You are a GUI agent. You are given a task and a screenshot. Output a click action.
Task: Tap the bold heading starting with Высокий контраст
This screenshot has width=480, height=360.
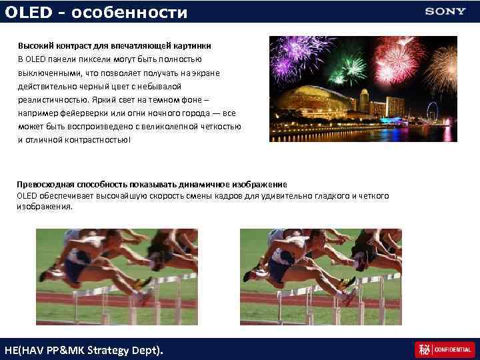click(x=114, y=45)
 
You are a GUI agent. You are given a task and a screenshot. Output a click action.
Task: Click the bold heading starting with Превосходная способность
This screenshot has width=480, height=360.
click(x=152, y=184)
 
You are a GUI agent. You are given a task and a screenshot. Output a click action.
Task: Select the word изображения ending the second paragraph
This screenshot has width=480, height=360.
click(x=43, y=207)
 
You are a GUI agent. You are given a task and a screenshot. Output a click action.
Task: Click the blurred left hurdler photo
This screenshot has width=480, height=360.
click(x=116, y=277)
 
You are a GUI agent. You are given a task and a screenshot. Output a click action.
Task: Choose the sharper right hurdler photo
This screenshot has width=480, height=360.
click(x=321, y=277)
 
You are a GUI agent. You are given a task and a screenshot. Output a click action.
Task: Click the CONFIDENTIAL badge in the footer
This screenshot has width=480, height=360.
click(x=453, y=349)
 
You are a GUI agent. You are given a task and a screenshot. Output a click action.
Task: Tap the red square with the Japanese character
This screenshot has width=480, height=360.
click(x=423, y=349)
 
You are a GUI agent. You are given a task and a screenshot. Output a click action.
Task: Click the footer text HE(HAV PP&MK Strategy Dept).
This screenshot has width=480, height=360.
click(x=83, y=350)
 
